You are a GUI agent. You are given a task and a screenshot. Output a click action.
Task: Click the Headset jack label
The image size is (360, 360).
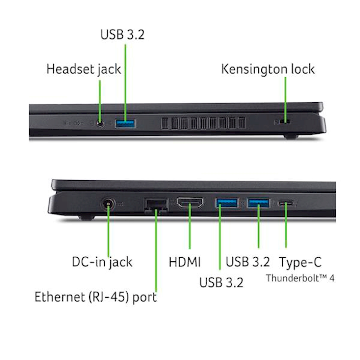[x=84, y=69]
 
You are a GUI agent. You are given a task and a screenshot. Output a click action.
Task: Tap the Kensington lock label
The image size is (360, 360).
[x=268, y=69]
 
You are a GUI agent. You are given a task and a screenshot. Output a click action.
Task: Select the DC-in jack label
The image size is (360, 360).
[x=102, y=262]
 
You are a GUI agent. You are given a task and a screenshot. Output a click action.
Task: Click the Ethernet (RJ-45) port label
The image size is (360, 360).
[x=96, y=297]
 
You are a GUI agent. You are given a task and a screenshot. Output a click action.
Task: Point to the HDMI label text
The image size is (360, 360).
[x=185, y=262]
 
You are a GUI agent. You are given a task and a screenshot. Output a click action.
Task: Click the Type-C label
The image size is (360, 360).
[x=300, y=262]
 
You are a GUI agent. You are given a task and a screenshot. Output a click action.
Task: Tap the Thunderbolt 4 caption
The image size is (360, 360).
[x=300, y=278]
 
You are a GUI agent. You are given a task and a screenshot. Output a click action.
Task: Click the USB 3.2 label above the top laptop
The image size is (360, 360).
[x=122, y=35]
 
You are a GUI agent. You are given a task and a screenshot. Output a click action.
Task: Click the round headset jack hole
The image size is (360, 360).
[x=99, y=123]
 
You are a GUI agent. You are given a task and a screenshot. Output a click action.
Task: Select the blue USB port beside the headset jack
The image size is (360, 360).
[x=126, y=124]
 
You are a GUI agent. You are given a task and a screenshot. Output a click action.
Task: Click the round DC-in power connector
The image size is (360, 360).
[x=108, y=204]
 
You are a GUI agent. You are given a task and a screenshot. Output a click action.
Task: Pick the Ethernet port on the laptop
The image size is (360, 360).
[x=156, y=206]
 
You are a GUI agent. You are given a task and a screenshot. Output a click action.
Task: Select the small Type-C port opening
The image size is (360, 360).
[x=286, y=203]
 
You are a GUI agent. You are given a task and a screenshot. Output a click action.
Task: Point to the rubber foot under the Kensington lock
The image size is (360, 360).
[x=291, y=137]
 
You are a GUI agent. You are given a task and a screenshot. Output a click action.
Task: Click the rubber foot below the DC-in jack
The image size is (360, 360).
[x=86, y=217]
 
